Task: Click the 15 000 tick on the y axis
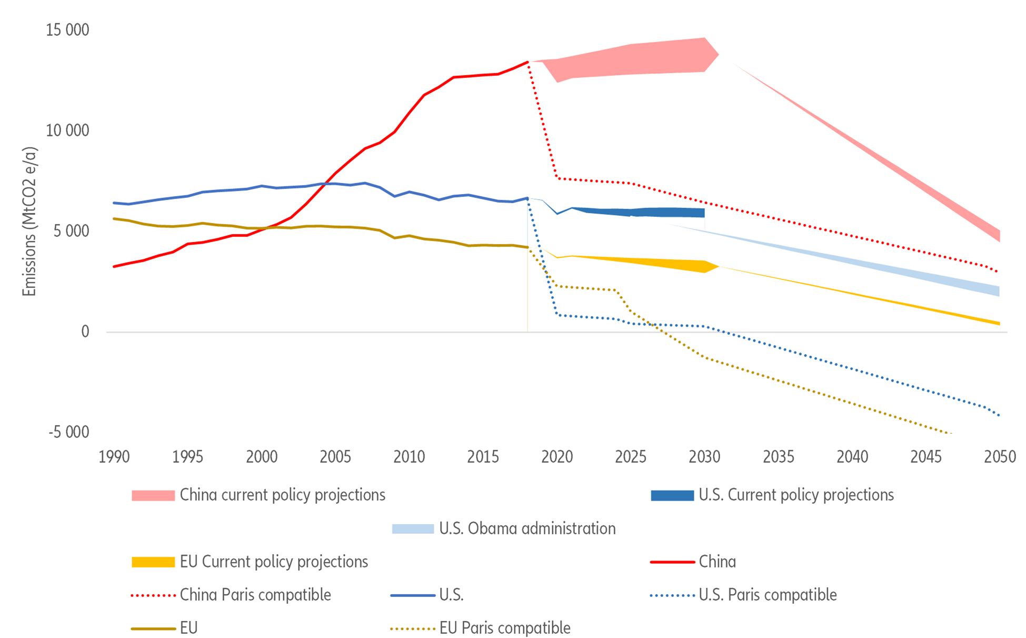coord(67,30)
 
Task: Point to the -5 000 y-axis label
coord(68,432)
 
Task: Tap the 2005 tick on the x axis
coord(335,456)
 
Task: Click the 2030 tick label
coord(704,456)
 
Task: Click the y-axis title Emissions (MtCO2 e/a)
coord(29,222)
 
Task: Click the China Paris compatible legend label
coord(255,594)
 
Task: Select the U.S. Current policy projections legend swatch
coord(672,495)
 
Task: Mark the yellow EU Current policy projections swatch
coord(153,562)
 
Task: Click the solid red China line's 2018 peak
coord(527,62)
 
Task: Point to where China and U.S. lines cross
coord(325,183)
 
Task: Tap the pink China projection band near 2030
coord(684,55)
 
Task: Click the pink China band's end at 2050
coord(998,235)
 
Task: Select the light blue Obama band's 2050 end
coord(998,291)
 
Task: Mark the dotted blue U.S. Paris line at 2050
coord(999,415)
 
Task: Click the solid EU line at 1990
coord(114,218)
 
